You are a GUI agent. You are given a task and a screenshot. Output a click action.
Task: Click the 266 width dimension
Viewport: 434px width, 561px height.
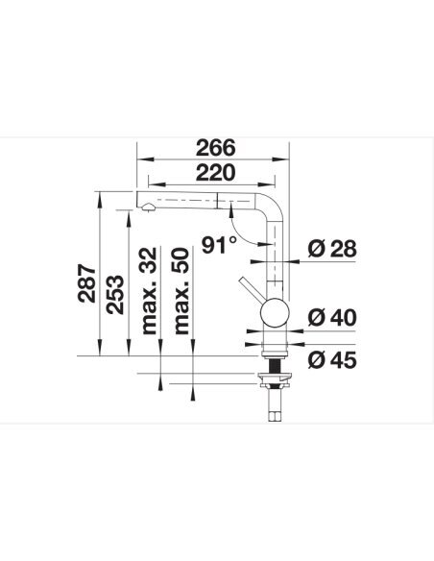(x=216, y=148)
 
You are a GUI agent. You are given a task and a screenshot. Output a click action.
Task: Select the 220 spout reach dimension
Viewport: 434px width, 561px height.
(x=216, y=173)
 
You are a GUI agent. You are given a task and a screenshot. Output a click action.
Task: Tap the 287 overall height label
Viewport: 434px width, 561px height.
(x=86, y=283)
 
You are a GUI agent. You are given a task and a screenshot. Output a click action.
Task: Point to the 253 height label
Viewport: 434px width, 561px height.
(x=115, y=295)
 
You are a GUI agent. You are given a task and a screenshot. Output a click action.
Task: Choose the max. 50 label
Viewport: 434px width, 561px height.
(x=181, y=290)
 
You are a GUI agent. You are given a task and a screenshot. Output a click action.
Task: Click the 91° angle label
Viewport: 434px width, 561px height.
(x=219, y=245)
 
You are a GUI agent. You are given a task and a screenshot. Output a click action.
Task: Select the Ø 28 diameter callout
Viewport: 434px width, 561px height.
(x=332, y=249)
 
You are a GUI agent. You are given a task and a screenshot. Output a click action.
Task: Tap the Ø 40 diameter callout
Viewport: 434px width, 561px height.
(x=332, y=317)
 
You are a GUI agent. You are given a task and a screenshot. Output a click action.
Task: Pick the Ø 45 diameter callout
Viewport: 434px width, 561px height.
(x=332, y=360)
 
